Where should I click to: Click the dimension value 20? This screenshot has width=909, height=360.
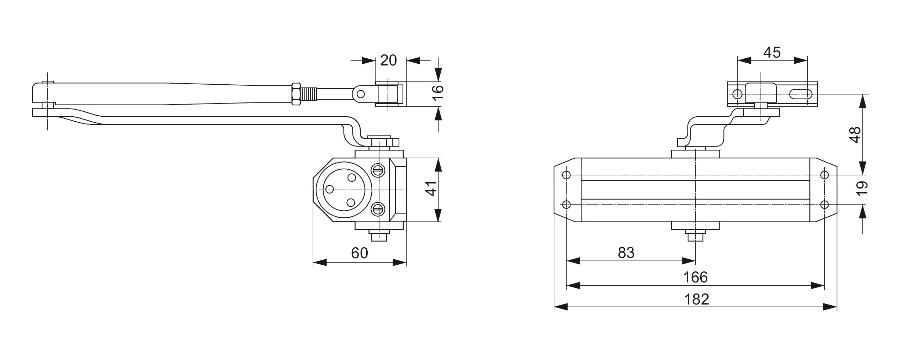click(388, 60)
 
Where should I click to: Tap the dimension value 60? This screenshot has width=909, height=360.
click(359, 253)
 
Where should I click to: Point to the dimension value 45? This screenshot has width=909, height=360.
click(772, 53)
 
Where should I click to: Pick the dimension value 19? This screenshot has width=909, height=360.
click(862, 189)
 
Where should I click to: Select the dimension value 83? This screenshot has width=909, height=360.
click(626, 253)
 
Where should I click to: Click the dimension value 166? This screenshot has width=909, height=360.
click(696, 277)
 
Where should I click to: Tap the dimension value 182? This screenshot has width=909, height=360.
click(696, 299)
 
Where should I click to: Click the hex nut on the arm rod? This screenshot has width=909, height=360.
click(296, 94)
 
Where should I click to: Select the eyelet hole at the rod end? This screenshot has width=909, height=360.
click(361, 94)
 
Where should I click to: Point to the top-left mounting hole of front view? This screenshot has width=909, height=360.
click(567, 175)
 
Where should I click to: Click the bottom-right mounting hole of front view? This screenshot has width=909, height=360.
click(824, 205)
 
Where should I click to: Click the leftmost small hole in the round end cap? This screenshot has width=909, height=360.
click(329, 190)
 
